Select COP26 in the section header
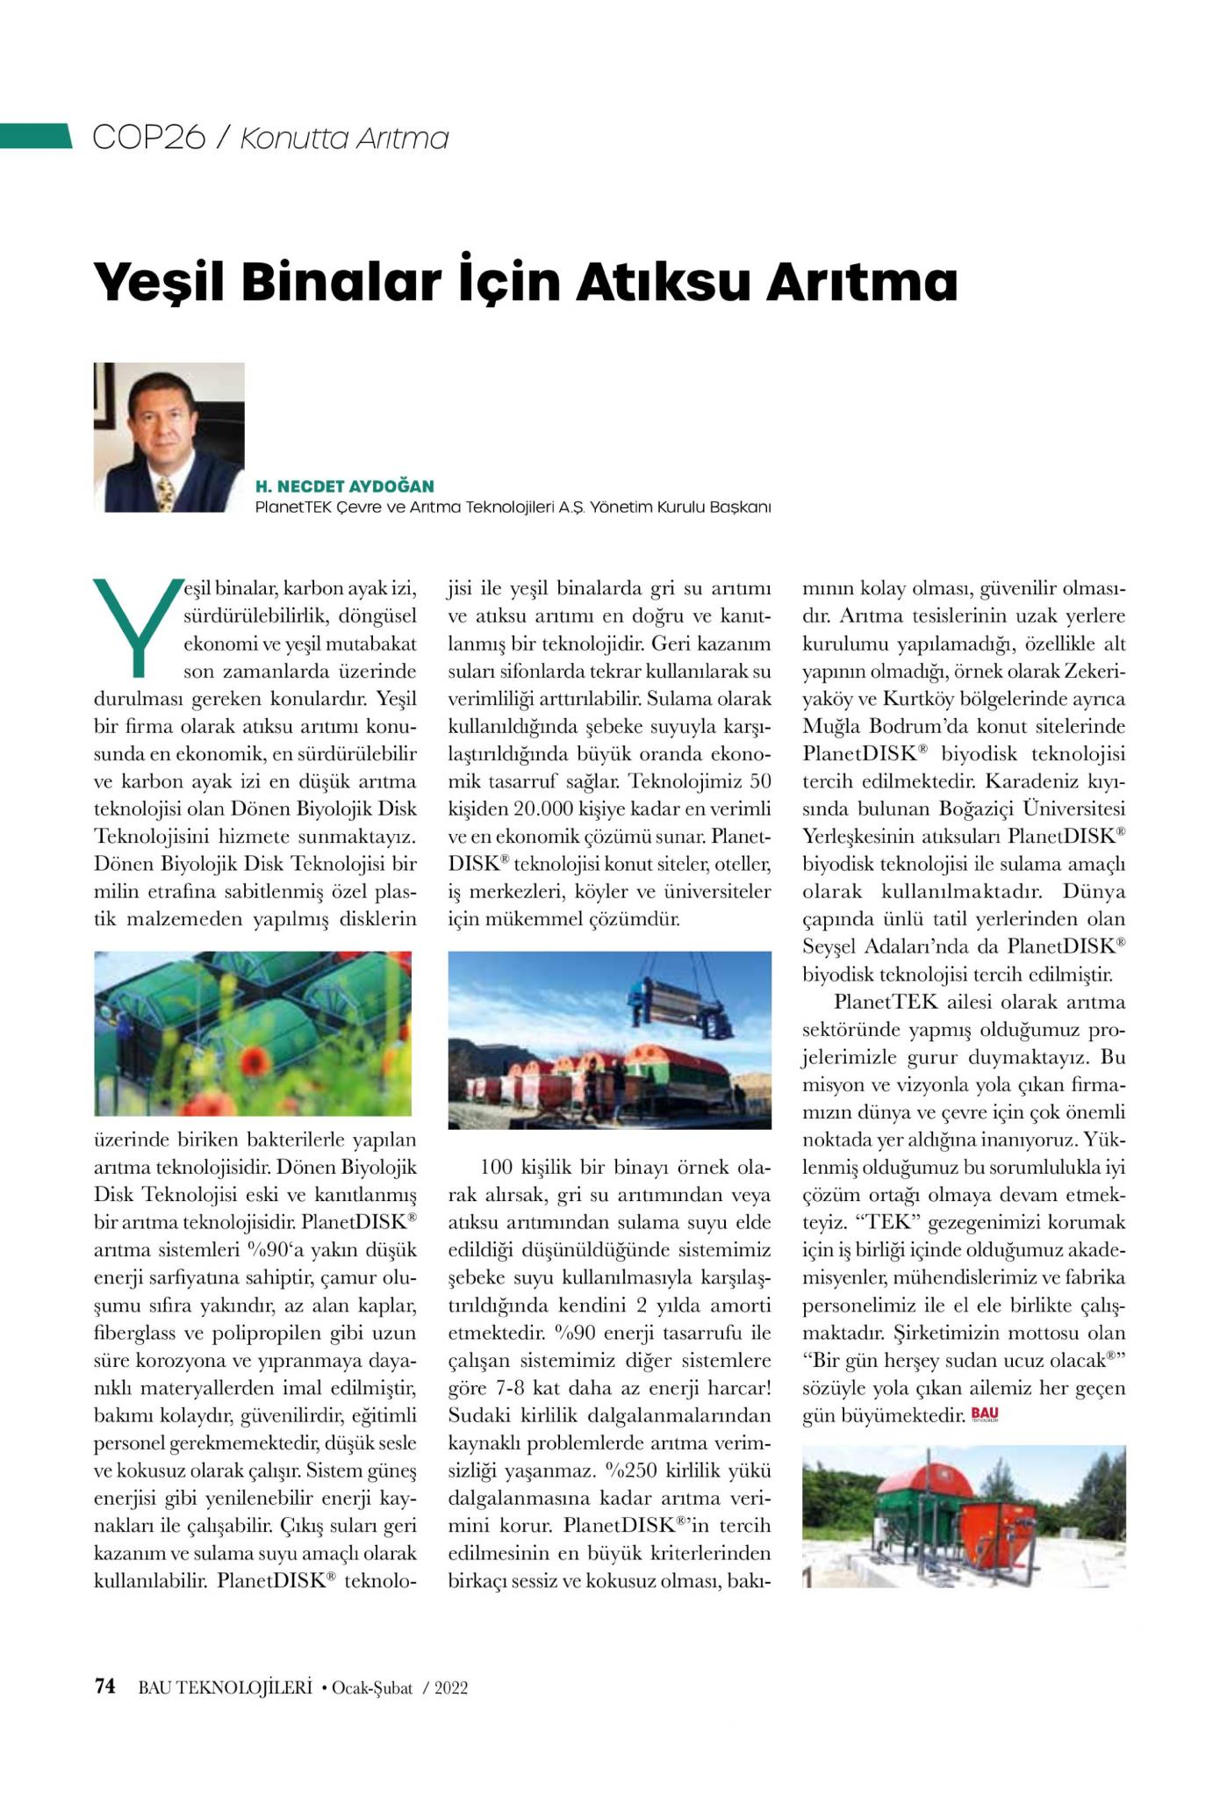[x=148, y=138]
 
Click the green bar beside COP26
[x=36, y=136]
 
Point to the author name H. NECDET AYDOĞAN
[x=344, y=486]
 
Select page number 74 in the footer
[x=105, y=1687]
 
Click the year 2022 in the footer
[x=450, y=1687]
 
